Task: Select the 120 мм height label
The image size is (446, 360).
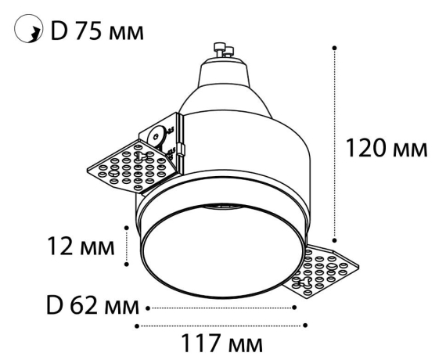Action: tap(387, 147)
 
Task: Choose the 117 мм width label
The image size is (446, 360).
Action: tap(221, 344)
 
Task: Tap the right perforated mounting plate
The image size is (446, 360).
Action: tap(317, 272)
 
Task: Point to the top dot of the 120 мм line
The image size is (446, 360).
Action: tap(335, 48)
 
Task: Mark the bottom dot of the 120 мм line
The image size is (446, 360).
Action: tap(335, 240)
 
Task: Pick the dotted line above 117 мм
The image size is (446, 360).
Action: tap(221, 324)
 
